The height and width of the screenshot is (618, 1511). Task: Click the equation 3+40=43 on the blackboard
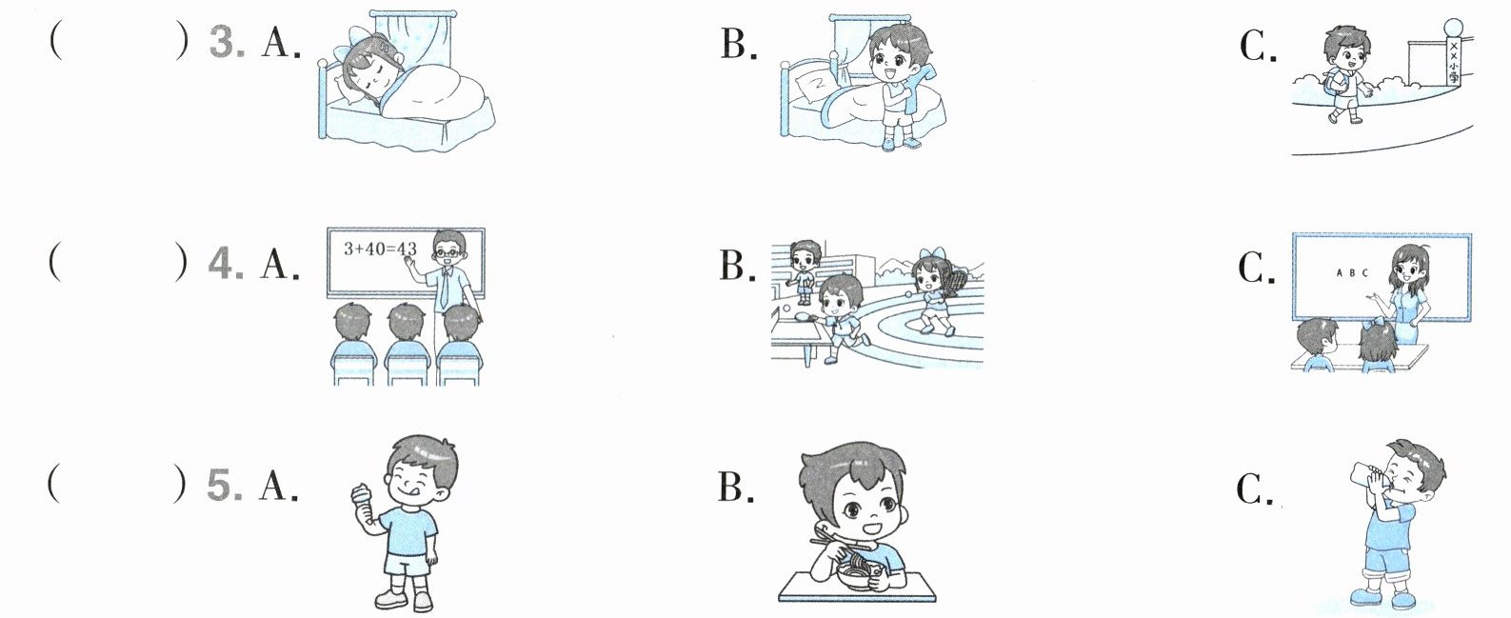(x=380, y=249)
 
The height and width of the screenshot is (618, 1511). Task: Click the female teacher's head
(x=1409, y=268)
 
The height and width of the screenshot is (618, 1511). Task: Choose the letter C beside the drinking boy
(x=1254, y=489)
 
